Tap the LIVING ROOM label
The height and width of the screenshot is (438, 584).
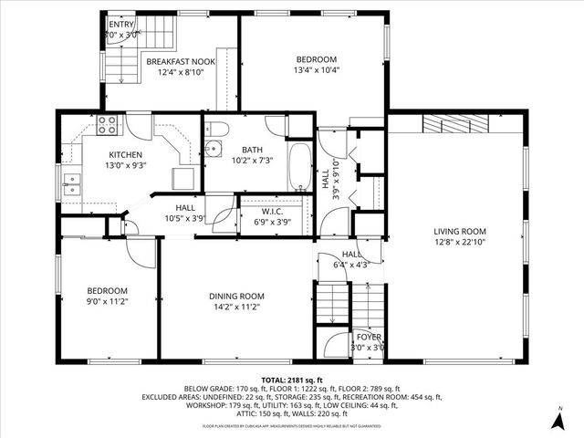tap(459, 231)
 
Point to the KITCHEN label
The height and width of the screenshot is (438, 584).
tap(126, 155)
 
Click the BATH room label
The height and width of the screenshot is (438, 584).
tap(253, 150)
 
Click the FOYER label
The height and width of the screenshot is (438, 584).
tap(369, 337)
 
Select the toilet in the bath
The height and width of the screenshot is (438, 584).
tap(216, 129)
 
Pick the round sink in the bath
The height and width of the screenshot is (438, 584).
tap(214, 150)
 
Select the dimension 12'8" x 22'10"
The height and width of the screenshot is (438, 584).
tap(459, 242)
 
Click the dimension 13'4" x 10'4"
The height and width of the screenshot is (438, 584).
tap(311, 70)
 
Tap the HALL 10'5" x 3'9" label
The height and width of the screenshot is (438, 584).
tap(185, 213)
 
